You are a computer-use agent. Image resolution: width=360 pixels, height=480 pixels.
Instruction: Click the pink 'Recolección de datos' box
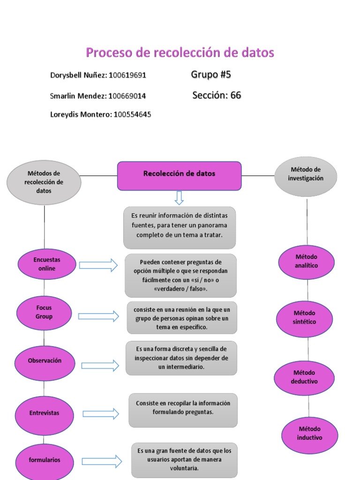pyautogui.click(x=180, y=176)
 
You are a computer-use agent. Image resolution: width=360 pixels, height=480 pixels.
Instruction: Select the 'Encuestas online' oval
pyautogui.click(x=47, y=264)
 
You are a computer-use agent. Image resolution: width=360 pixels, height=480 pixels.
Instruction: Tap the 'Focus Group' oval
pyautogui.click(x=44, y=313)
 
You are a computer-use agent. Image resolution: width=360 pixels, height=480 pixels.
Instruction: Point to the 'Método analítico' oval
pyautogui.click(x=306, y=262)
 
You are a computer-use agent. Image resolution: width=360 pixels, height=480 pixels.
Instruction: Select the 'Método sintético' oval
pyautogui.click(x=304, y=319)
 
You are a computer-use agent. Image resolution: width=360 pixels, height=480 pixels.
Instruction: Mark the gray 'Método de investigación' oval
pyautogui.click(x=306, y=176)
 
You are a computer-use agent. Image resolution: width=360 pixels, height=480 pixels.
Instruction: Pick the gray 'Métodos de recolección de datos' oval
pyautogui.click(x=44, y=182)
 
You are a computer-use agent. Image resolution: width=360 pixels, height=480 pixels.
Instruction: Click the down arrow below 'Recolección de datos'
pyautogui.click(x=179, y=198)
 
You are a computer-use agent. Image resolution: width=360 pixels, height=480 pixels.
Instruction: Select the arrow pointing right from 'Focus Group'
pyautogui.click(x=98, y=316)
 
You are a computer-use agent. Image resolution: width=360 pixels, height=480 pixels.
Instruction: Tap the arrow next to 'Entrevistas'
pyautogui.click(x=101, y=414)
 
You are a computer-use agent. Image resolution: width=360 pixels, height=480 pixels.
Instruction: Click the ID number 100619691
pyautogui.click(x=127, y=75)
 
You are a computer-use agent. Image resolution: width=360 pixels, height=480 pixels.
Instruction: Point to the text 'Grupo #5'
pyautogui.click(x=211, y=75)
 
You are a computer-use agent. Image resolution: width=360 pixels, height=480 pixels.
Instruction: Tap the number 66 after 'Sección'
pyautogui.click(x=236, y=95)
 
